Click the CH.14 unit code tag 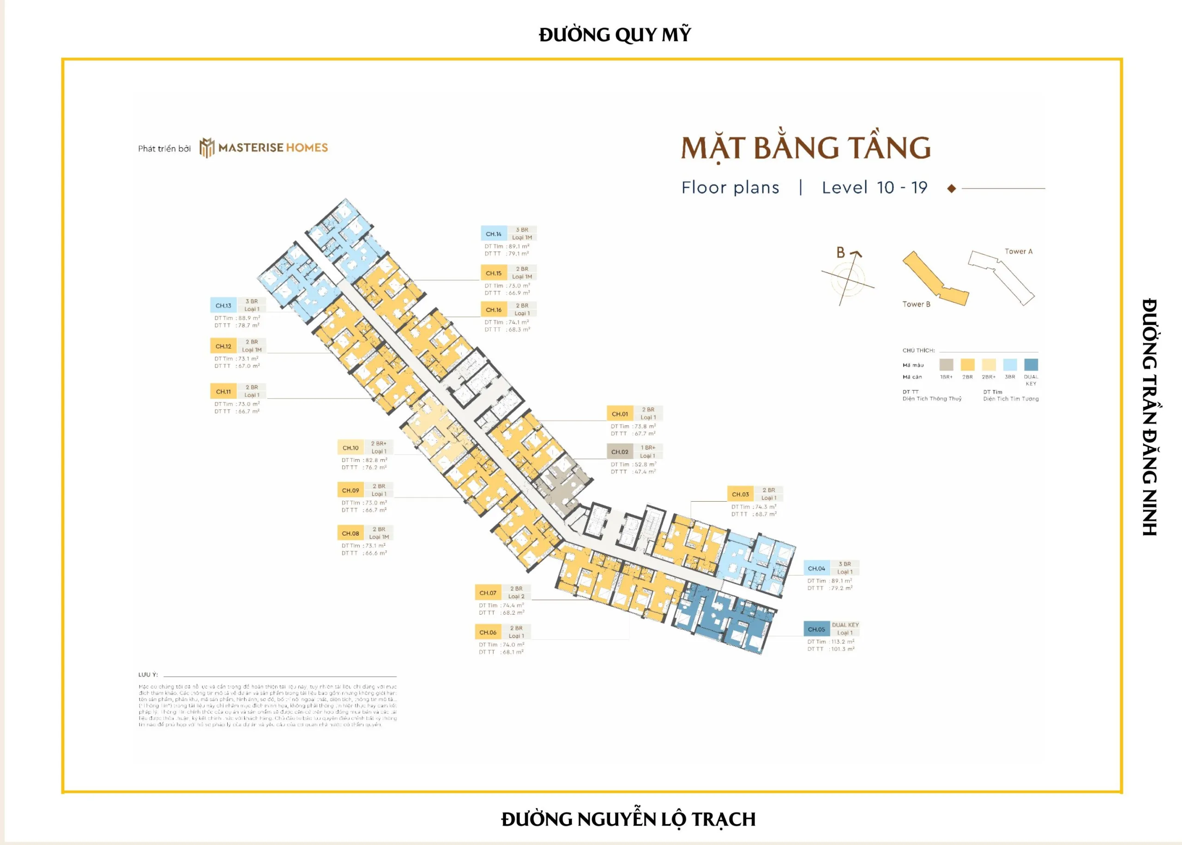pyautogui.click(x=494, y=234)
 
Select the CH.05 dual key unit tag pyautogui.click(x=816, y=629)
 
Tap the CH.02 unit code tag pyautogui.click(x=619, y=452)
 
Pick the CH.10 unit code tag pyautogui.click(x=350, y=448)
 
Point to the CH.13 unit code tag pyautogui.click(x=223, y=306)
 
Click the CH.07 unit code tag pyautogui.click(x=488, y=593)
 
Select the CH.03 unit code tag pyautogui.click(x=740, y=494)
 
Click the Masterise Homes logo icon pyautogui.click(x=207, y=148)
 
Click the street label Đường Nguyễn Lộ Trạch pyautogui.click(x=627, y=819)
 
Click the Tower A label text pyautogui.click(x=1018, y=252)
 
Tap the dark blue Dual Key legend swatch pyautogui.click(x=1031, y=364)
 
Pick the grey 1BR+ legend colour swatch pyautogui.click(x=946, y=364)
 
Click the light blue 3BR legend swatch pyautogui.click(x=1010, y=364)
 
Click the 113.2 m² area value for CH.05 pyautogui.click(x=843, y=641)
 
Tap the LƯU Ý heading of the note pyautogui.click(x=148, y=674)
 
